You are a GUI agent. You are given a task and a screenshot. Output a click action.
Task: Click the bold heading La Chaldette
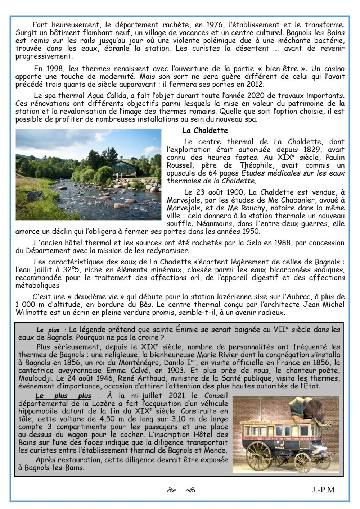pyautogui.click(x=205, y=130)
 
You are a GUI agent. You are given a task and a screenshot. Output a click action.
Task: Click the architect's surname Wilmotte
pyautogui.click(x=30, y=313)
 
